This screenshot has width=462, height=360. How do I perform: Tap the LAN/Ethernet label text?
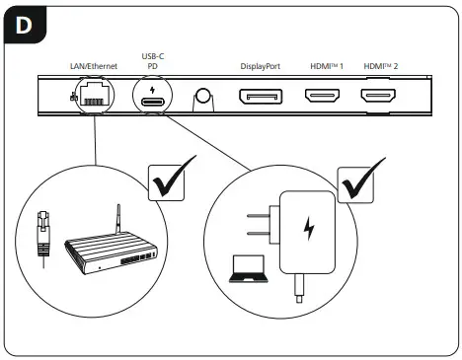pos(93,66)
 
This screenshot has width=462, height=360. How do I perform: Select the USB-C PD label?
pos(154,61)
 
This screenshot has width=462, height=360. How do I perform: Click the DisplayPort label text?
pos(261,66)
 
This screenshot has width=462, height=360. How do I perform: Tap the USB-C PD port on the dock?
pos(154,101)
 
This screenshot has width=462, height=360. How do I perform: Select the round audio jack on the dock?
pos(204,97)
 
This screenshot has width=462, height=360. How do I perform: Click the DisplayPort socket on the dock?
pos(260,98)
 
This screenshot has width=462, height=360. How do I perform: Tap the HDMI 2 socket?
pos(378,98)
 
